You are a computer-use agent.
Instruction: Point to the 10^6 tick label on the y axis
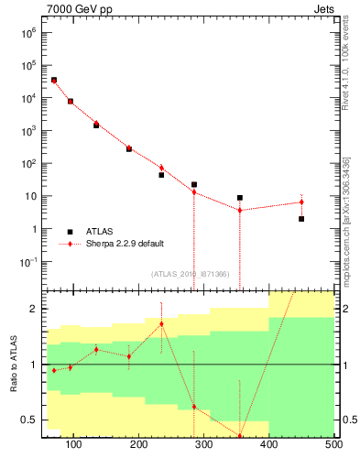(28, 32)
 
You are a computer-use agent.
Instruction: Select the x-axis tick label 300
(204, 446)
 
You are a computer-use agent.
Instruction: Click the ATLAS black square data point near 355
(240, 198)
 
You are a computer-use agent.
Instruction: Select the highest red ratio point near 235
(161, 323)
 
